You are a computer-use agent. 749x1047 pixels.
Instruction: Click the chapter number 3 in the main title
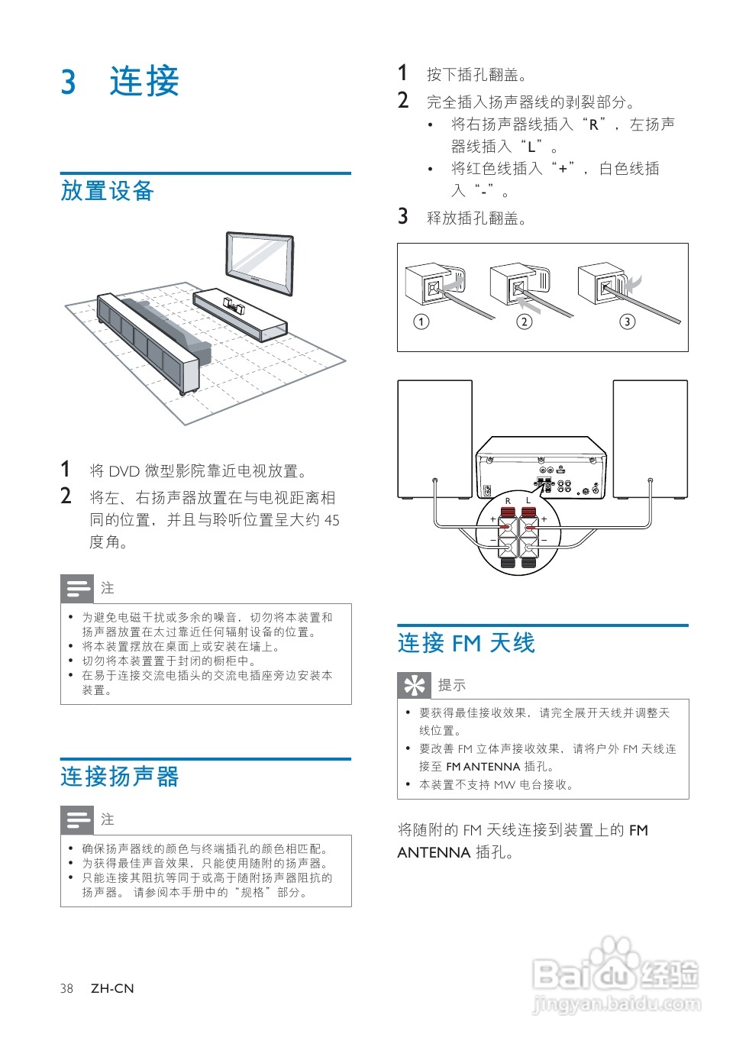pos(69,82)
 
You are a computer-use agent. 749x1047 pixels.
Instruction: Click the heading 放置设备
pos(108,191)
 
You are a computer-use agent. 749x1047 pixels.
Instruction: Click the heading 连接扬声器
pos(120,777)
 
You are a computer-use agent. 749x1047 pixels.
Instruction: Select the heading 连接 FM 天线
pos(466,643)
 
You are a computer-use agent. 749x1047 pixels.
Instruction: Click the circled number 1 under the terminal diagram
pos(421,322)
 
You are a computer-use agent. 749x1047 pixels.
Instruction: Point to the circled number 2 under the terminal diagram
pos(524,322)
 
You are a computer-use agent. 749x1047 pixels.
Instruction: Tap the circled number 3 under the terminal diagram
pos(627,322)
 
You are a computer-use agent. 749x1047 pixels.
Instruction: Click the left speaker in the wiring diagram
pos(434,439)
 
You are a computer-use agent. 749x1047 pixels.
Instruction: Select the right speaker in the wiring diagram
pos(651,439)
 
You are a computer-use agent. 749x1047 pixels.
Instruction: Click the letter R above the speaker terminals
pos(508,501)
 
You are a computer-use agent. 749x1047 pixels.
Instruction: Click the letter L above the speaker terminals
pos(528,501)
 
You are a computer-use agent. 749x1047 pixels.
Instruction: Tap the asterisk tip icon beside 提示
pos(415,685)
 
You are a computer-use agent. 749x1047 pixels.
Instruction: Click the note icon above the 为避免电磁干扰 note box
pos(77,588)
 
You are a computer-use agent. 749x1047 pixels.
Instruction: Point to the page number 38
pos(67,988)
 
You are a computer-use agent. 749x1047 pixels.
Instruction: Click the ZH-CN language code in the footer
pos(112,988)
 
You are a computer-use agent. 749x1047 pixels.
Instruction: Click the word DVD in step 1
pos(124,471)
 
